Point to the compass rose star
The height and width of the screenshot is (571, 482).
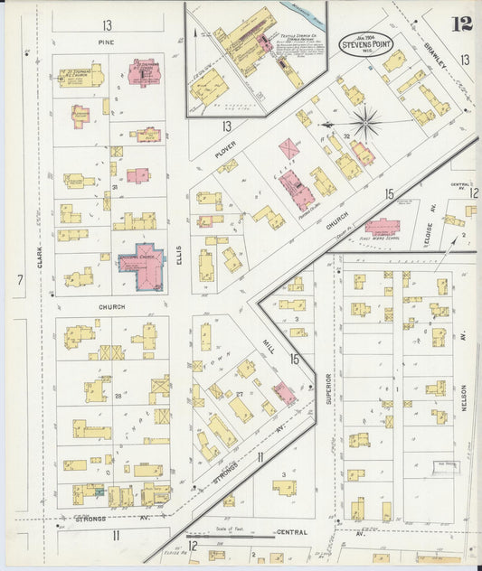click(x=365, y=123)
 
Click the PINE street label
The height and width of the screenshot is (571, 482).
click(x=109, y=42)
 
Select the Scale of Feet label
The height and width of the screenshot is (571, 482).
click(x=235, y=528)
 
